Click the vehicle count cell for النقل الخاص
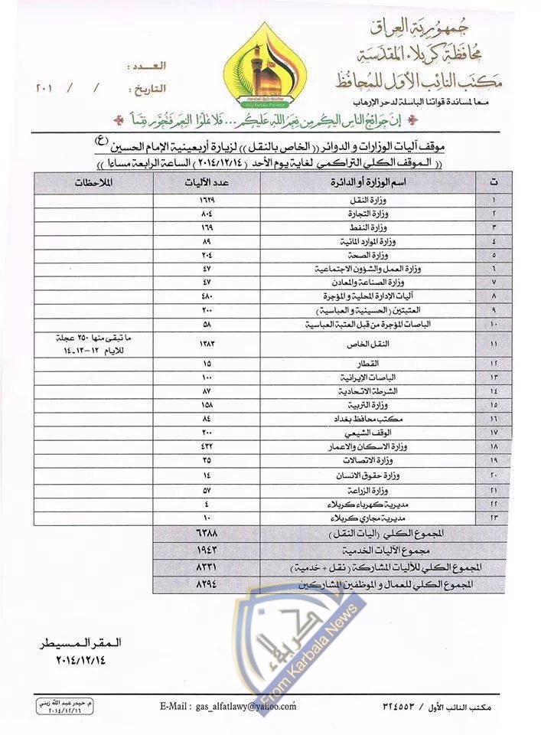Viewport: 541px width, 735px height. pos(207,345)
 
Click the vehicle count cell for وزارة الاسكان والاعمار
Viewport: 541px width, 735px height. pos(207,445)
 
